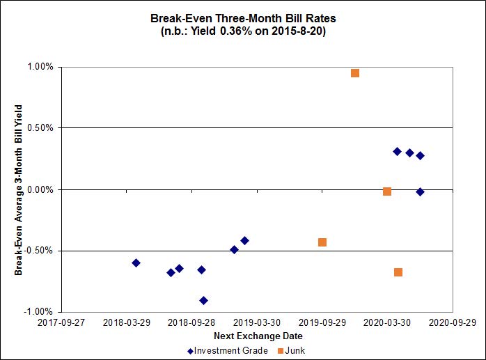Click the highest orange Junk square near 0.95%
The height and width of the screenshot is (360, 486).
pos(355,73)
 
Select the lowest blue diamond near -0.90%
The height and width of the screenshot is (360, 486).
pos(203,300)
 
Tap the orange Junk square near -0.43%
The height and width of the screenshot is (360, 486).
pos(322,242)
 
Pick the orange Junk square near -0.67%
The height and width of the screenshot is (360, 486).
pos(398,272)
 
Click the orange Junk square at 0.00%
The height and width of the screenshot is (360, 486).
pos(387,191)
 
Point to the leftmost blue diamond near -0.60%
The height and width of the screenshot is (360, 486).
pos(136,263)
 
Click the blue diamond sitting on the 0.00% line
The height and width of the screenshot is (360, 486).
pos(420,191)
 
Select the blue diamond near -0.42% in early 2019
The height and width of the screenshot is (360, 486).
pos(244,240)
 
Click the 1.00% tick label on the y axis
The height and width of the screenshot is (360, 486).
pos(40,67)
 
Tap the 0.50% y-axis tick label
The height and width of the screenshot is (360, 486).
pos(40,128)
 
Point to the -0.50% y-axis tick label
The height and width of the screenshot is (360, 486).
pos(39,251)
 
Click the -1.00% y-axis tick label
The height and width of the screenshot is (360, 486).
pos(39,311)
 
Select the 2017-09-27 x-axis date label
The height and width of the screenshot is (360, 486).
pos(61,323)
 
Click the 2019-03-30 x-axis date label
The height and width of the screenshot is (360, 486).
pos(256,323)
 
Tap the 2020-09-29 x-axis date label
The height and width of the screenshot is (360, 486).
pos(452,323)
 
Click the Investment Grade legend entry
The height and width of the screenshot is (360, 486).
pos(227,350)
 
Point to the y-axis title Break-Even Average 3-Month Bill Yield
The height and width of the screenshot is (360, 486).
pos(19,189)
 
